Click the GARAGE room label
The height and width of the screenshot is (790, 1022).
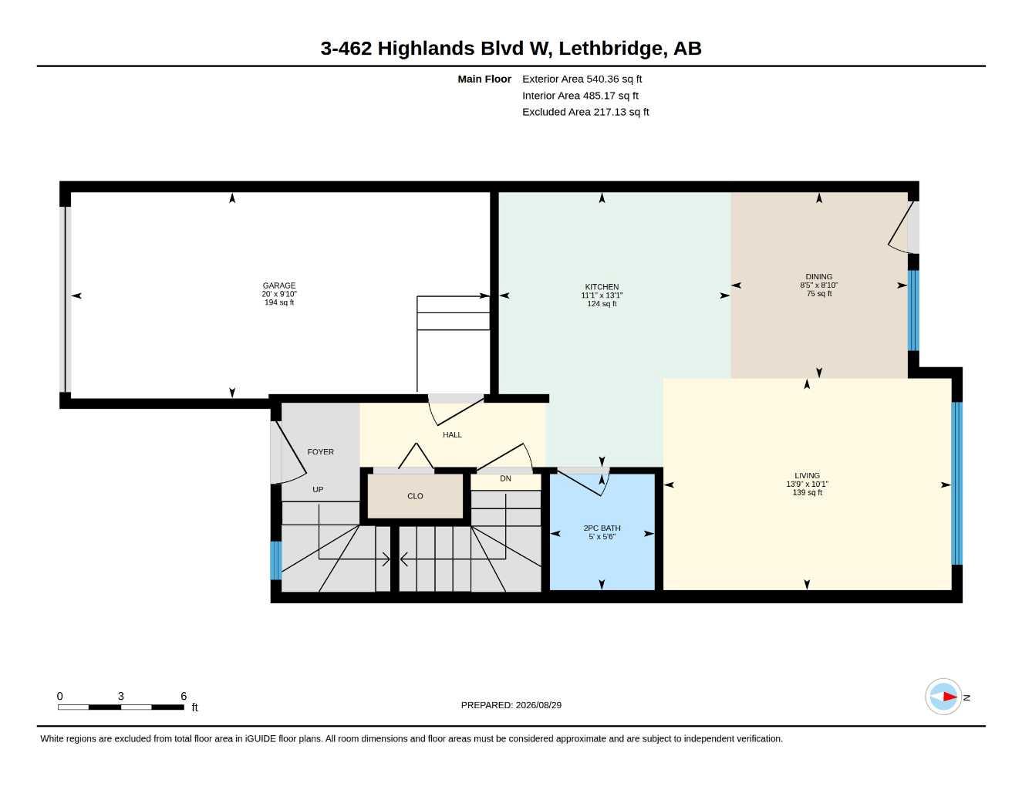tap(279, 285)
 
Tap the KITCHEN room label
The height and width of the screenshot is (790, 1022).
tap(602, 287)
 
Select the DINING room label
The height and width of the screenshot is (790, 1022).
tap(819, 277)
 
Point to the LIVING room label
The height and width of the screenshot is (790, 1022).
tap(807, 475)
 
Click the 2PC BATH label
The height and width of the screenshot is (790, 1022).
tap(602, 528)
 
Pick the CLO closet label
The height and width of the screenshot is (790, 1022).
tap(415, 496)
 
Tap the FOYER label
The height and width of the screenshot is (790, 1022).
tap(321, 452)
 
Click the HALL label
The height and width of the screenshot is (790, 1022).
tap(453, 435)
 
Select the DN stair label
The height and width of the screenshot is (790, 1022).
tap(505, 478)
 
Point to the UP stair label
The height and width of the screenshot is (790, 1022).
tap(318, 490)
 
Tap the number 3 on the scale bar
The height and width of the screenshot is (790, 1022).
tap(121, 696)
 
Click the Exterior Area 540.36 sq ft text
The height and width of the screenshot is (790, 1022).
tap(582, 79)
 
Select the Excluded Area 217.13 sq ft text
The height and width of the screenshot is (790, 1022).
tap(585, 112)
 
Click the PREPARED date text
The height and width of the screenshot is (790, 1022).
tap(511, 705)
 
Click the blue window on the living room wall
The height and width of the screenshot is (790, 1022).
tap(956, 484)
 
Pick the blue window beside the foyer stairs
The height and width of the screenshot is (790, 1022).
tap(276, 561)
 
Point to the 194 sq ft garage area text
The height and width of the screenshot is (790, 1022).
tap(279, 302)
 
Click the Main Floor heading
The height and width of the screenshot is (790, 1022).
tap(484, 79)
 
